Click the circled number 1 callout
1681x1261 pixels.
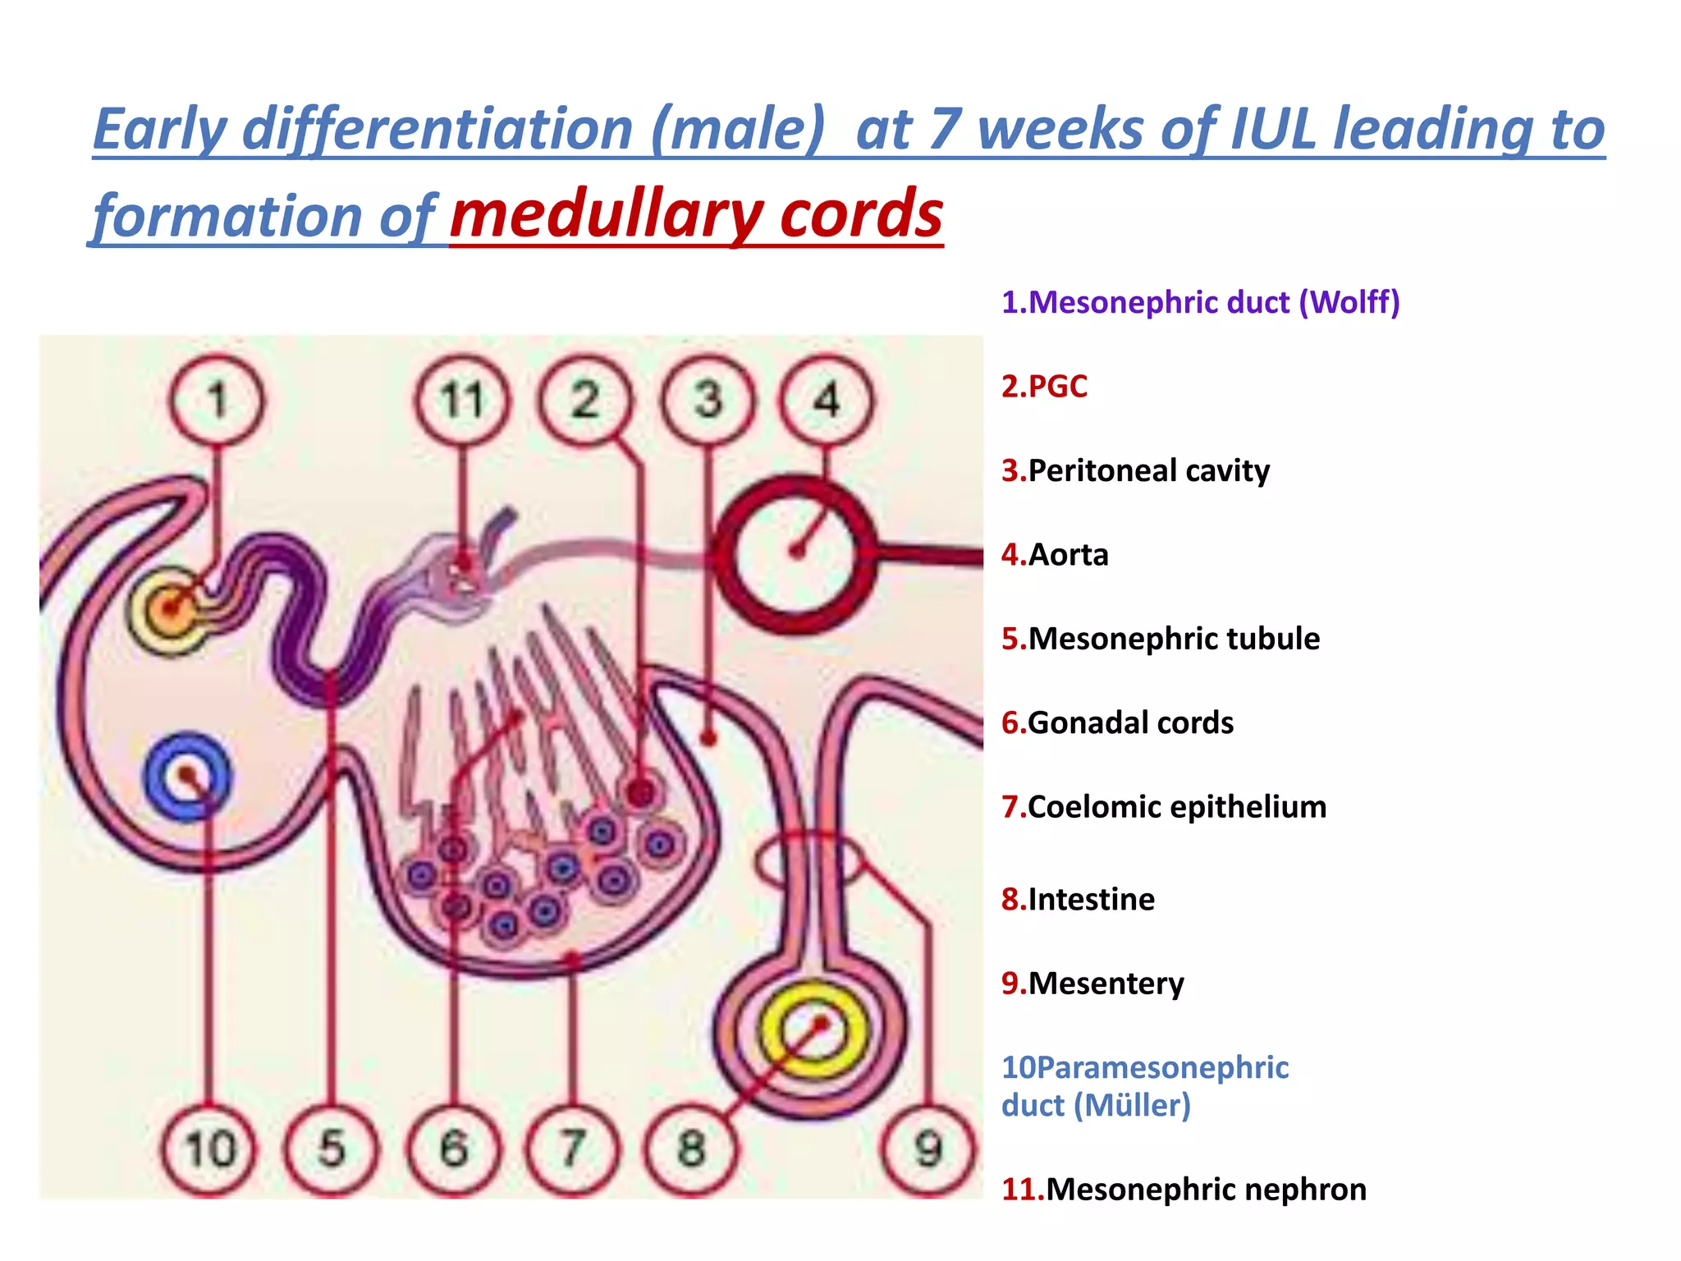tap(218, 401)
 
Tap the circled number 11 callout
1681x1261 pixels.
tap(462, 401)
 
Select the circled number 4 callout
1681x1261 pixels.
tap(826, 401)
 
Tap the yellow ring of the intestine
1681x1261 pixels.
tap(813, 1030)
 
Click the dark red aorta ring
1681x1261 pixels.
tap(795, 554)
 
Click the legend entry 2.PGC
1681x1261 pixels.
tap(1044, 387)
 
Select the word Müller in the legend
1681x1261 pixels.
tap(1137, 1106)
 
